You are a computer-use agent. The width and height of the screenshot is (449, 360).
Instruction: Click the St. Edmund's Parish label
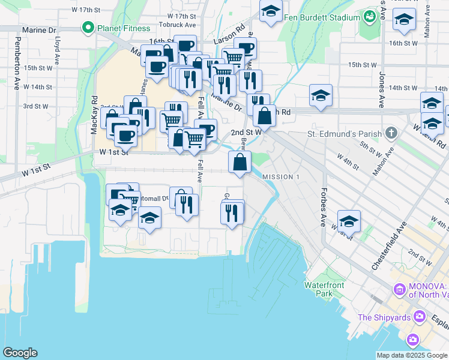tap(344, 133)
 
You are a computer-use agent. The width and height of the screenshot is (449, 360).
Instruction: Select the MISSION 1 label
tap(280, 177)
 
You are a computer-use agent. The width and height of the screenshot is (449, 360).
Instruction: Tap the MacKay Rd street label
tap(94, 114)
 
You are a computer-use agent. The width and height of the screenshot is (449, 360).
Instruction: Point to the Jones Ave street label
tap(381, 90)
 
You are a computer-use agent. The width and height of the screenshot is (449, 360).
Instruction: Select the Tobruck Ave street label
tap(178, 25)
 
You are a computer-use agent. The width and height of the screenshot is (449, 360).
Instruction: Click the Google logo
tap(20, 353)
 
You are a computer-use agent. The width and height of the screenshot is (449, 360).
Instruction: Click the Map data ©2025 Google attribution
tap(412, 355)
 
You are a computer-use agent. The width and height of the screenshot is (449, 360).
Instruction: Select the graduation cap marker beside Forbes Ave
tap(349, 221)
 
